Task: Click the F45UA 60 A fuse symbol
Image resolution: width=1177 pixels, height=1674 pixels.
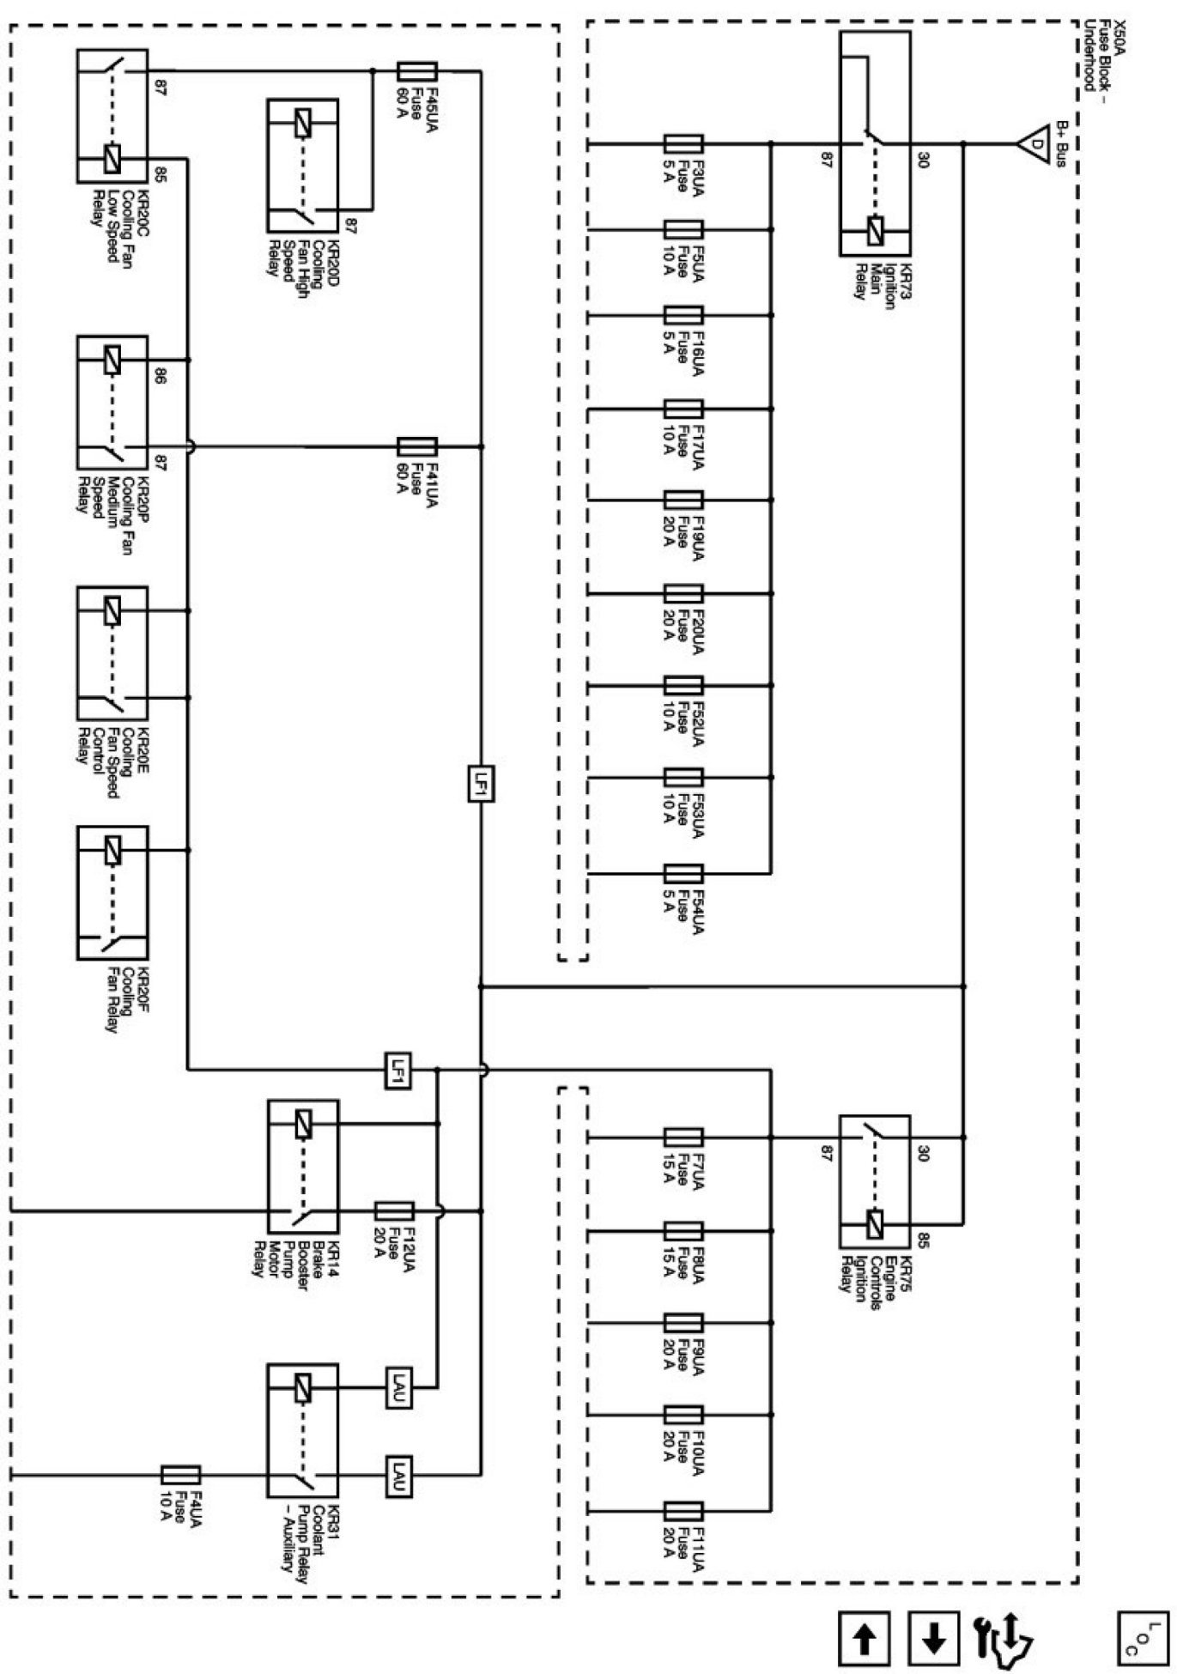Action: pyautogui.click(x=418, y=71)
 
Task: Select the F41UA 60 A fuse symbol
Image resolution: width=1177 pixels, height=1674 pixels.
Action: pyautogui.click(x=417, y=446)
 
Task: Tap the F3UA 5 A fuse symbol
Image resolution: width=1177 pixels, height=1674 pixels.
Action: pyautogui.click(x=684, y=143)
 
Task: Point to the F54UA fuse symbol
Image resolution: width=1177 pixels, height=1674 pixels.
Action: pyautogui.click(x=684, y=874)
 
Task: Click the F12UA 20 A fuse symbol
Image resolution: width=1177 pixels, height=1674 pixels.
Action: pyautogui.click(x=395, y=1210)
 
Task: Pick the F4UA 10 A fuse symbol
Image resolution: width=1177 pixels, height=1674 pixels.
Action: pyautogui.click(x=181, y=1475)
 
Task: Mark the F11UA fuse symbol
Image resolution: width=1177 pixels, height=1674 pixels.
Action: pyautogui.click(x=684, y=1510)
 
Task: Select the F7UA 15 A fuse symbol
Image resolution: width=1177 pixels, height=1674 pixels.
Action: pyautogui.click(x=684, y=1137)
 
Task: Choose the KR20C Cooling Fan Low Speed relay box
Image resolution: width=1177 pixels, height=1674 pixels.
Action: pyautogui.click(x=112, y=116)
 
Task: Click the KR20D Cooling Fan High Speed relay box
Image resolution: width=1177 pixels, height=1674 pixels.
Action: pyautogui.click(x=302, y=166)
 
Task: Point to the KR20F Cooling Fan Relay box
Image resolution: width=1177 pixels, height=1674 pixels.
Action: pyautogui.click(x=112, y=893)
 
